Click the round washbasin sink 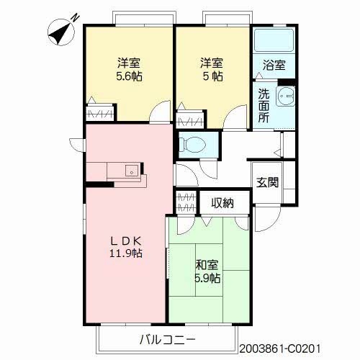point(286,96)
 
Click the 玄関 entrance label point(268,182)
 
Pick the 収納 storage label point(222,202)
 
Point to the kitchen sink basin point(132,171)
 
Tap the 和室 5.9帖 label point(207,271)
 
